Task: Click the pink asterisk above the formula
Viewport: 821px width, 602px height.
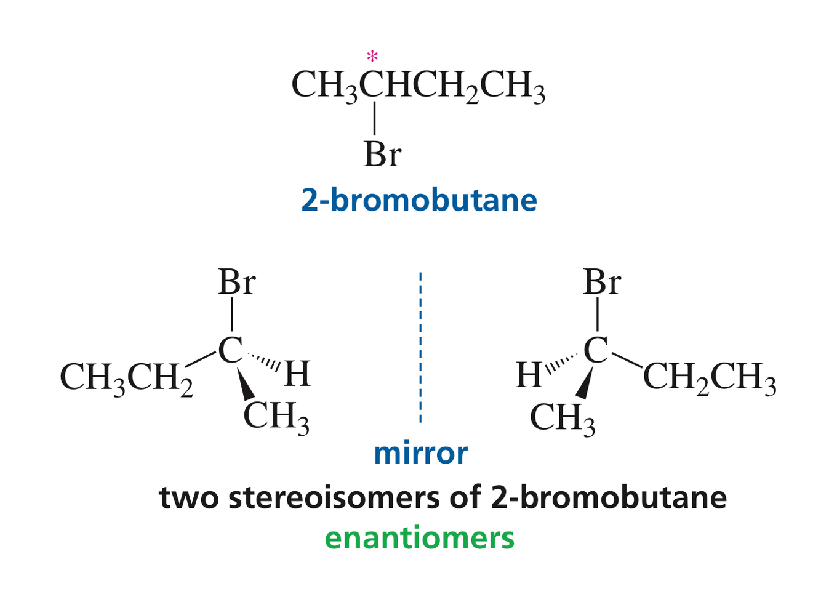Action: pos(372,57)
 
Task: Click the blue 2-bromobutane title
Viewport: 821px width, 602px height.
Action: pos(419,200)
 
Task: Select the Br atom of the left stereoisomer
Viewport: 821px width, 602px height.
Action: pos(236,283)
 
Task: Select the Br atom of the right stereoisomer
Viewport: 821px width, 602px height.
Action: pos(601,283)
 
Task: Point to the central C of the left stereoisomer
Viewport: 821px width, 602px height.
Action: pos(230,350)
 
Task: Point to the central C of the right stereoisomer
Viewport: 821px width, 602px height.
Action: pos(595,350)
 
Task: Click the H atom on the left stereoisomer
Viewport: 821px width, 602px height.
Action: pos(297,374)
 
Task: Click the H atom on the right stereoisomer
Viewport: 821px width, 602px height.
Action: pos(529,375)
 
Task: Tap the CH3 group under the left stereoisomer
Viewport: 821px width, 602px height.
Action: pos(276,417)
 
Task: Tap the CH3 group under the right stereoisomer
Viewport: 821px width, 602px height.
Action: pos(563,419)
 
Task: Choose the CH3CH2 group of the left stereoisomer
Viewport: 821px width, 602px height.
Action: pos(126,377)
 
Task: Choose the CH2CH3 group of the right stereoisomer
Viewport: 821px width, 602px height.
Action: pos(709,377)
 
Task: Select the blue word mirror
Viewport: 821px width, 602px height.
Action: pos(420,454)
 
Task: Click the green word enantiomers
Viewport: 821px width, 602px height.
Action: pos(419,537)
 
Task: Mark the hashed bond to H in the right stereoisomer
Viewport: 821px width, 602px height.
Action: pos(562,363)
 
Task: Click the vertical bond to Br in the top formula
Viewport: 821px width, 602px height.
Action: pos(374,119)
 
